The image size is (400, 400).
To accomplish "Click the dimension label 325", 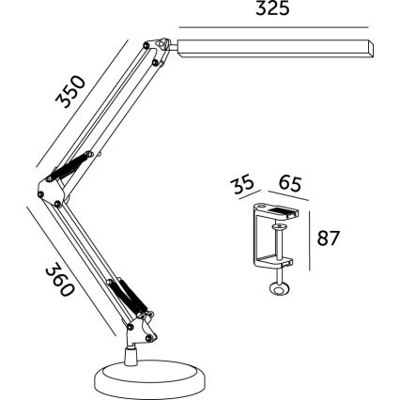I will coord(272,9).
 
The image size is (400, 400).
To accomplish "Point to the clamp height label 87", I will coord(328,238).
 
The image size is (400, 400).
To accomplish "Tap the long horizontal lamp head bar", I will coord(272,47).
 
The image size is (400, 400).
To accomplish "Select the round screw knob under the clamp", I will coord(278,290).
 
